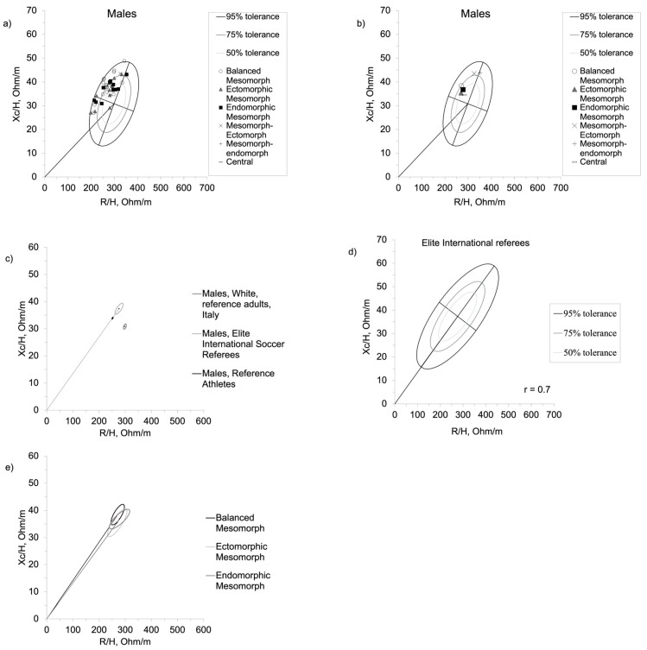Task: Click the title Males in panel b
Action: pos(478,14)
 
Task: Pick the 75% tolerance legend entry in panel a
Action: pos(250,35)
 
